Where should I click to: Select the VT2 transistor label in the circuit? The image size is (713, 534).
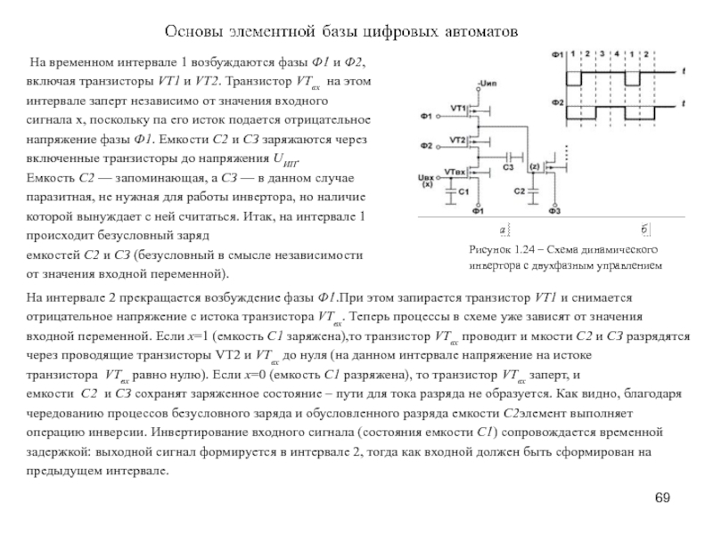[x=458, y=141]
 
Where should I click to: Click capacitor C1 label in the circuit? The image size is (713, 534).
[x=462, y=191]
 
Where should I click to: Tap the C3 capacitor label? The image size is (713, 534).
[x=509, y=166]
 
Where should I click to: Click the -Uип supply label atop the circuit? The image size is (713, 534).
[x=487, y=83]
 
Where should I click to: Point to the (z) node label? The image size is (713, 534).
[x=535, y=166]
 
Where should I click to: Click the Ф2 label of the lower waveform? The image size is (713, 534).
[x=557, y=102]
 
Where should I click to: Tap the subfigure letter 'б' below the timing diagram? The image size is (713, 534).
[x=644, y=231]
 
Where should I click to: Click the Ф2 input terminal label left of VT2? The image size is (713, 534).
[x=426, y=145]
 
